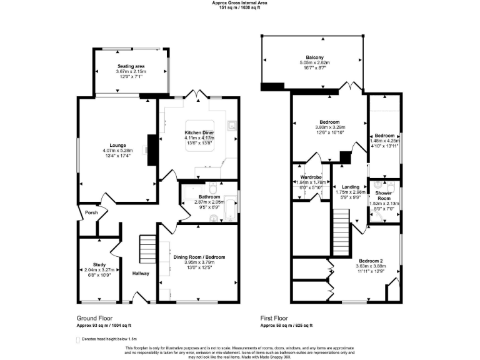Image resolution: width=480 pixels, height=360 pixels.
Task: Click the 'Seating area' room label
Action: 131,66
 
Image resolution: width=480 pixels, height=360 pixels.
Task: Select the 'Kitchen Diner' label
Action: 199,133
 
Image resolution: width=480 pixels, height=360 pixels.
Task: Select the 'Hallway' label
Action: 141,273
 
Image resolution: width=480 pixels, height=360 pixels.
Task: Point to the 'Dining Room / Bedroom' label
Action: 199,257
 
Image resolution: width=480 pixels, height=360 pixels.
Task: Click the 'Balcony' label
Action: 314,57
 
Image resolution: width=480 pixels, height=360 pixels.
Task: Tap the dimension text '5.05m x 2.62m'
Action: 314,62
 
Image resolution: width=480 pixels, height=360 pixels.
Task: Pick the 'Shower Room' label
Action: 384,196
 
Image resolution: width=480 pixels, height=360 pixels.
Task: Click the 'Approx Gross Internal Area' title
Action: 240,3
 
